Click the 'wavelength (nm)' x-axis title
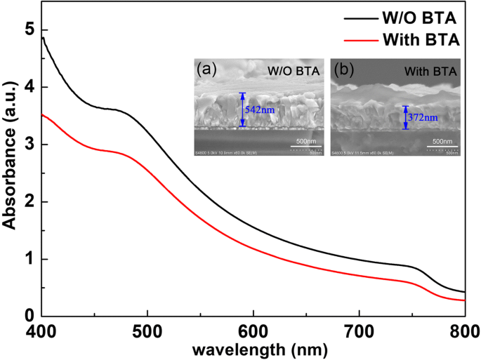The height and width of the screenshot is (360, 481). click(x=253, y=348)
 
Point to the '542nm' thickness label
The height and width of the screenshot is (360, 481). click(x=258, y=110)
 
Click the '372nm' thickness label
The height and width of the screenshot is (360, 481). click(x=422, y=118)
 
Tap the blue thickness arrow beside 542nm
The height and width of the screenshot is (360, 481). click(x=243, y=109)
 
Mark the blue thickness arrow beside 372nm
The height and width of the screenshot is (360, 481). click(x=405, y=118)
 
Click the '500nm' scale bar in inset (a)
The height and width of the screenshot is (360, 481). click(x=306, y=146)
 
